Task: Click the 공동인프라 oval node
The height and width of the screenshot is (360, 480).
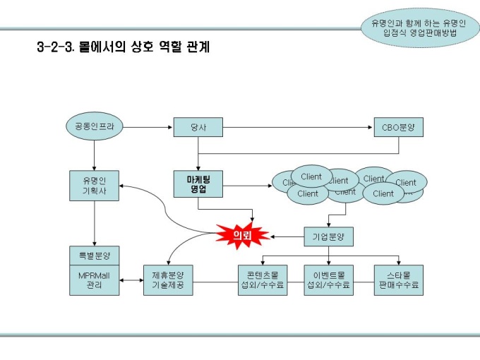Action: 94,127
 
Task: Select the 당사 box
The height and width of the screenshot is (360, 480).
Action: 198,127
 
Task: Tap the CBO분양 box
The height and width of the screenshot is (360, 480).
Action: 399,127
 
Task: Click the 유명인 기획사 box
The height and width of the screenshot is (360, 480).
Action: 94,186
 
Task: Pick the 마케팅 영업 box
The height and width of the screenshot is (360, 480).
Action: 198,186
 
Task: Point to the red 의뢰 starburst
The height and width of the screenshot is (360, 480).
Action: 243,236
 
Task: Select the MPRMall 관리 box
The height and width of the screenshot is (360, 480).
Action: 94,280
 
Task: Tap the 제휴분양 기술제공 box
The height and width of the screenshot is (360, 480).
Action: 168,280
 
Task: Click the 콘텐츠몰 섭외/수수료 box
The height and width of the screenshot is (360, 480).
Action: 263,280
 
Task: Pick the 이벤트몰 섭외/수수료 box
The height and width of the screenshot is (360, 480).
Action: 328,280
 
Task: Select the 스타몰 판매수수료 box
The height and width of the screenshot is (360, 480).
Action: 399,280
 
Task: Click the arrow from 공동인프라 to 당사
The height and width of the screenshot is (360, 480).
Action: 146,127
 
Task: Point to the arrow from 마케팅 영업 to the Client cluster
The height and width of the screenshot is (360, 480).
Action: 247,186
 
